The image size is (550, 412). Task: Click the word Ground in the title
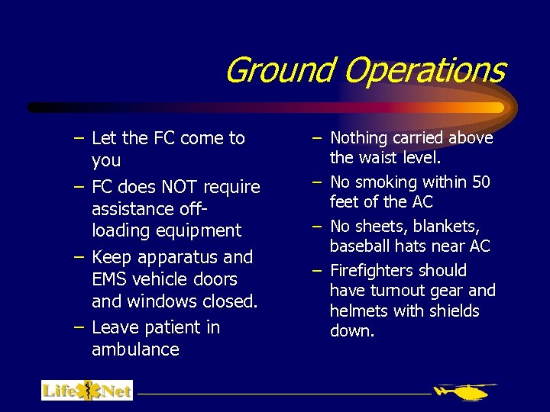[x=280, y=70]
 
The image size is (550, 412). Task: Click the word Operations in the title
[x=424, y=70]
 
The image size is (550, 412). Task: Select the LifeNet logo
[x=87, y=391]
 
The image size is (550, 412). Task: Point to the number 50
[x=480, y=182]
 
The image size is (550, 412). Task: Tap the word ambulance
[x=135, y=349]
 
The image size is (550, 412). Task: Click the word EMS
[x=108, y=279]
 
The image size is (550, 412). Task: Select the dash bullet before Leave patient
[x=79, y=327]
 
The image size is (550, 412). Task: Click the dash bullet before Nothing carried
[x=317, y=138]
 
